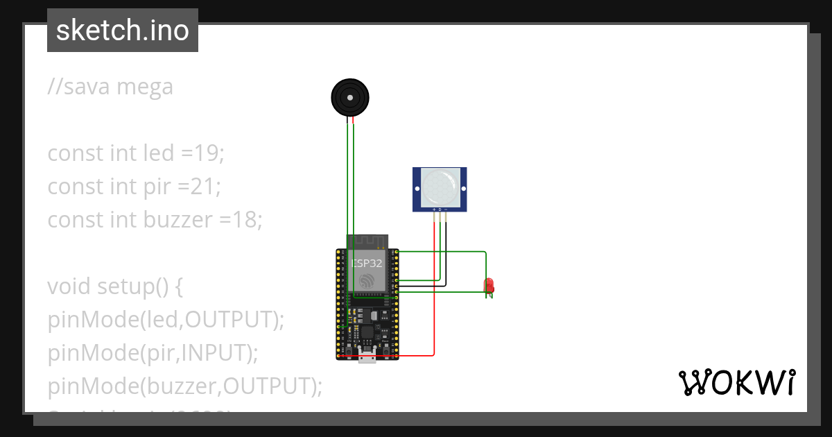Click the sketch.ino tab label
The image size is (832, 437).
[123, 31]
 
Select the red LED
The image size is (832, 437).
[489, 285]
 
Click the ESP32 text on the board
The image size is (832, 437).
[366, 264]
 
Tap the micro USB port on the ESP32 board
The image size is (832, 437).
[367, 357]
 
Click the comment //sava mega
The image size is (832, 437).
[110, 87]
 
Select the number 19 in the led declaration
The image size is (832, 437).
[207, 153]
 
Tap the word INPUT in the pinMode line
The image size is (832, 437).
[214, 353]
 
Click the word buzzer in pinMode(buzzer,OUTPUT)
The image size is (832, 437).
[179, 386]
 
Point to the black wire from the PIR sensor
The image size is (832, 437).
[446, 250]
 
